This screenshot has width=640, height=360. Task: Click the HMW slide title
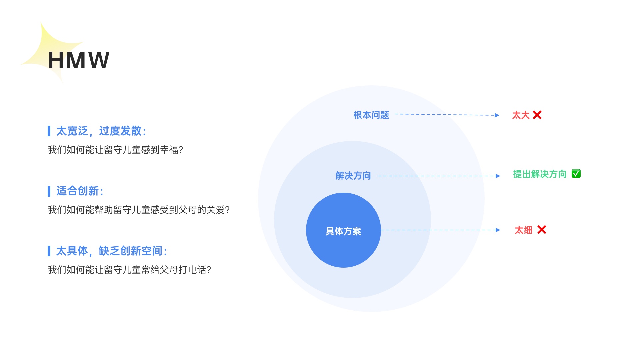tap(79, 60)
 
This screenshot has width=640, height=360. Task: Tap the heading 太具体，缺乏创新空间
tap(111, 251)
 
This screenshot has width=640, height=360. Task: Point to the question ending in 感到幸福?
tap(115, 150)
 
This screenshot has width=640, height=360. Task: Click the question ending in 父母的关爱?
tap(139, 210)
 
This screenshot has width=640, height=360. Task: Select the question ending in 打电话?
tap(129, 270)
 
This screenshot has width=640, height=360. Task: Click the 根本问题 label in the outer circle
tap(371, 115)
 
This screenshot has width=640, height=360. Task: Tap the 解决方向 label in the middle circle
tap(353, 176)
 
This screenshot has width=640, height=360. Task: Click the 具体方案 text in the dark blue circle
tap(343, 231)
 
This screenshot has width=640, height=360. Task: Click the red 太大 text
tap(521, 115)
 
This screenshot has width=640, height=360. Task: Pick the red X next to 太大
tap(537, 115)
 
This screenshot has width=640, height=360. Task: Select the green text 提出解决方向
tap(540, 174)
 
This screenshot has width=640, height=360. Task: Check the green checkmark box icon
tap(576, 174)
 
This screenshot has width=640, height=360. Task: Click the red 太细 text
tap(523, 230)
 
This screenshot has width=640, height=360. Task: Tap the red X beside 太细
tap(542, 230)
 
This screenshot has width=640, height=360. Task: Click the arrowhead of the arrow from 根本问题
tap(497, 115)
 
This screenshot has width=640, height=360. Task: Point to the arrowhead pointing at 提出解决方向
tap(498, 176)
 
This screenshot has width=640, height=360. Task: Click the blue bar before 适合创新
tap(49, 191)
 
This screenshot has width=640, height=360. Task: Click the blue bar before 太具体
tap(49, 251)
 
